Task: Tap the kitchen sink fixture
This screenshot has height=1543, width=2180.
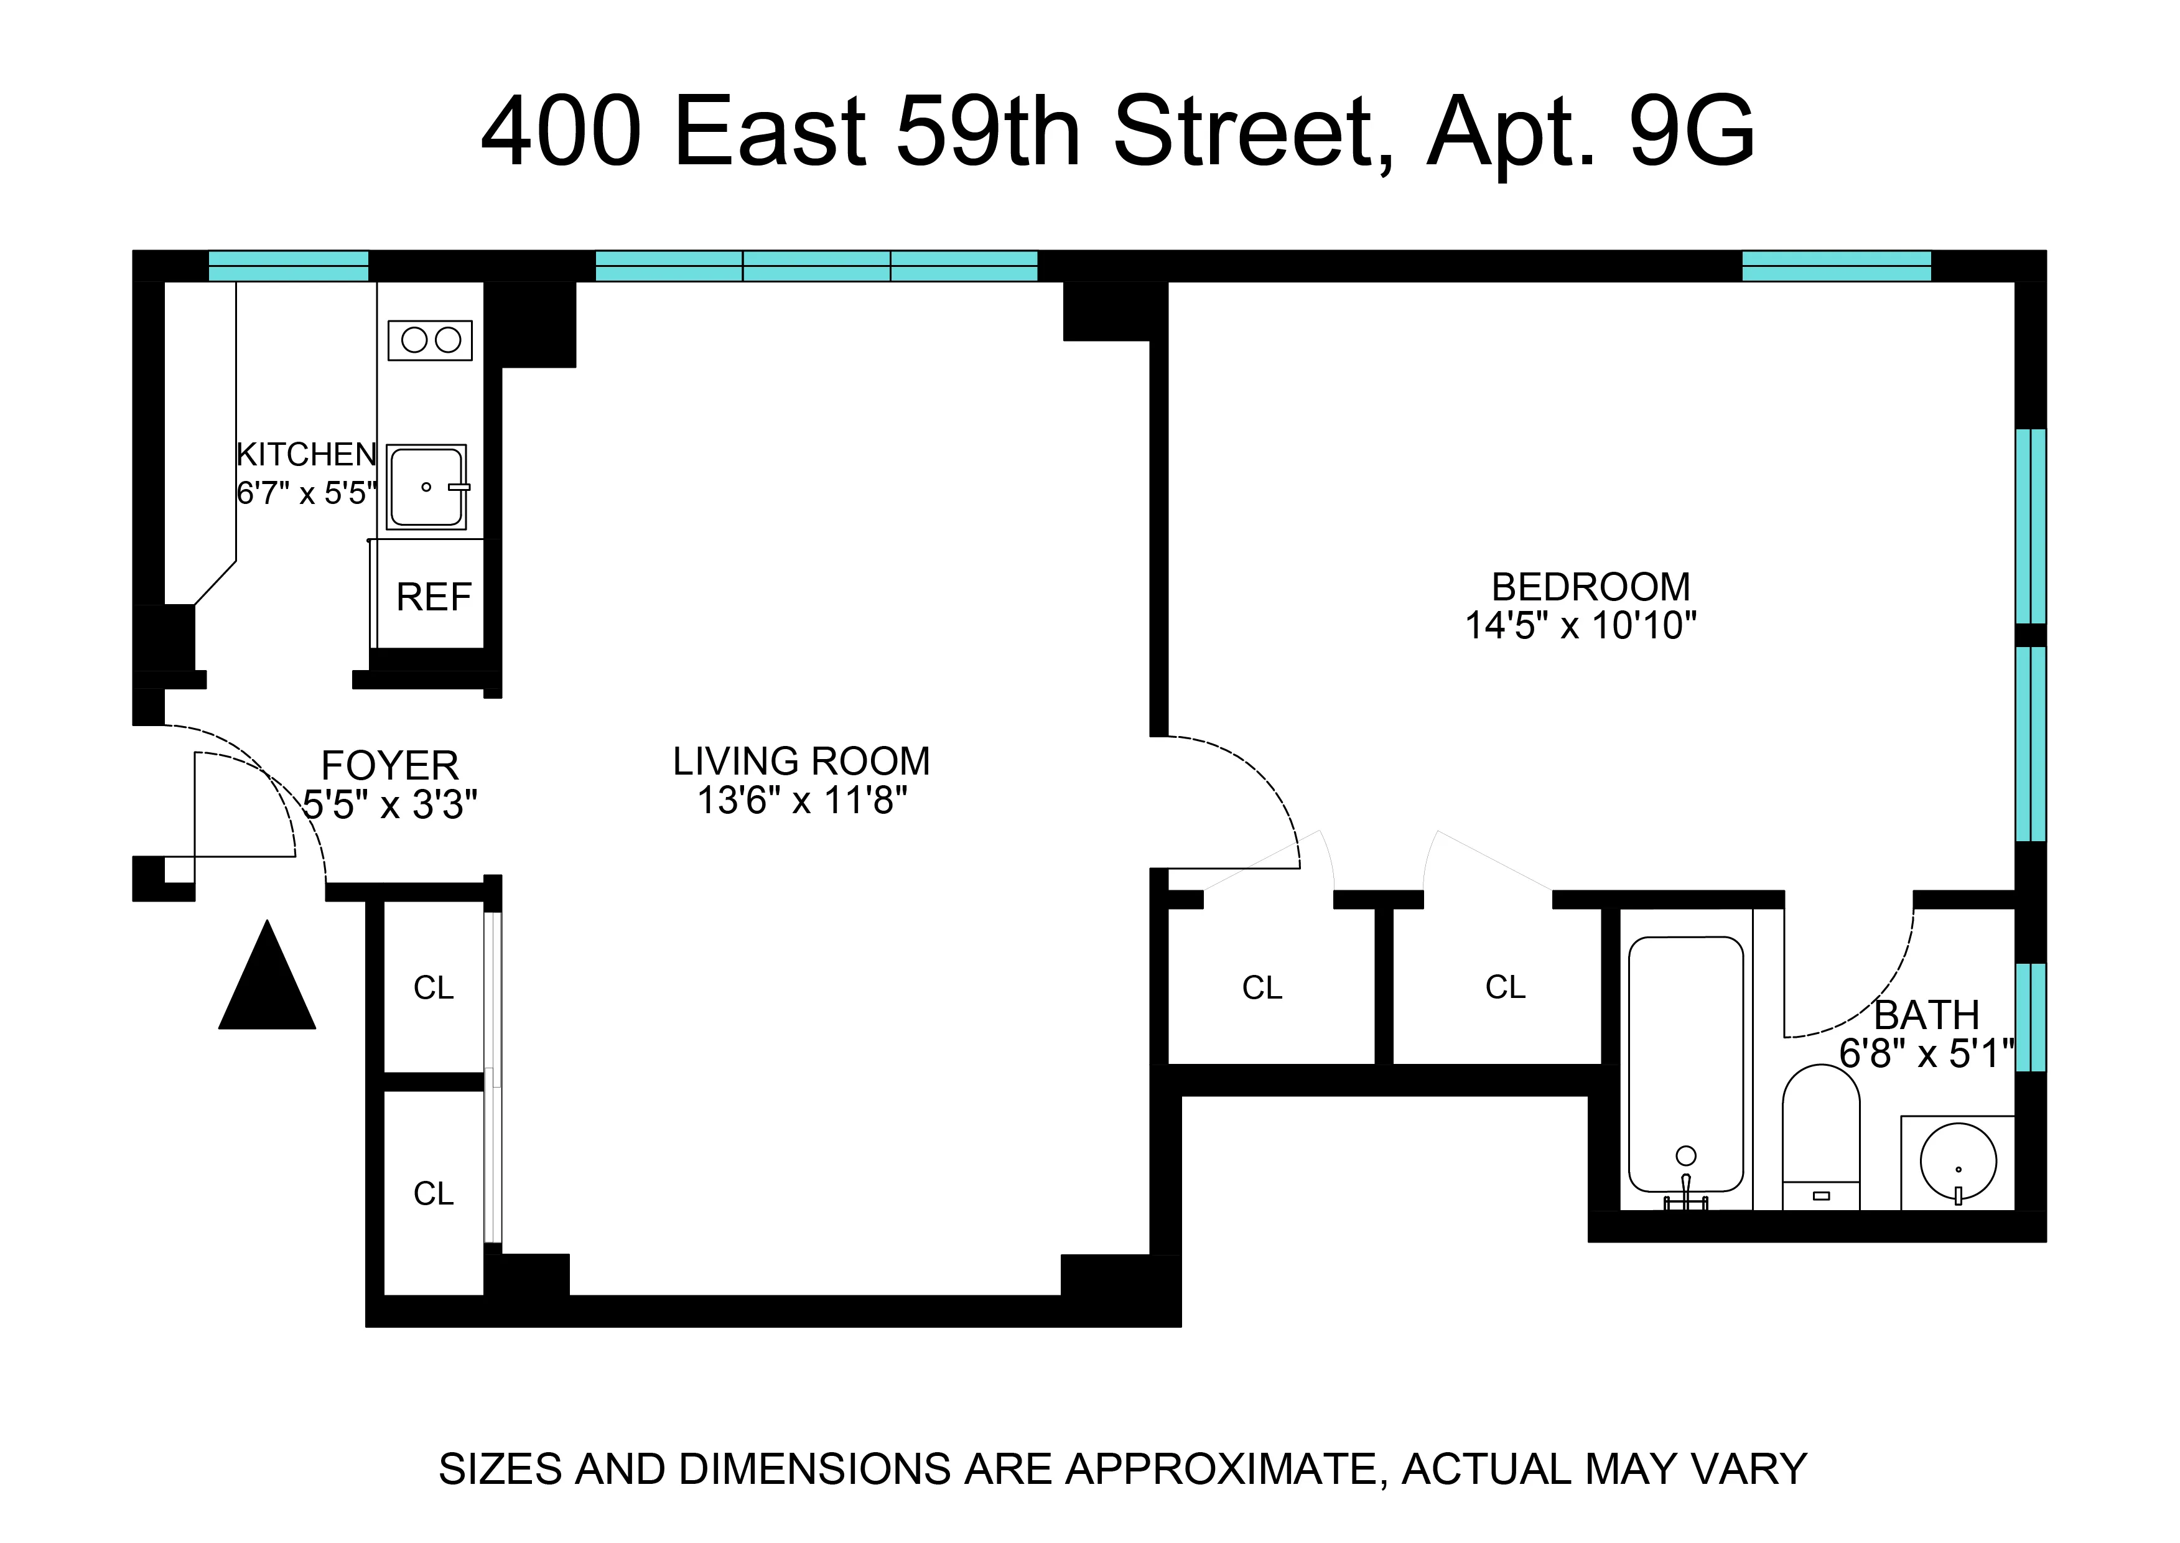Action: coord(427,487)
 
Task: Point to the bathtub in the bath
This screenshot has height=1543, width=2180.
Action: coord(1686,1063)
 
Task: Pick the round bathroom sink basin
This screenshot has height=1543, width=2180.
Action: coord(1958,1161)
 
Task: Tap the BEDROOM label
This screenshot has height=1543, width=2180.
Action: coord(1591,587)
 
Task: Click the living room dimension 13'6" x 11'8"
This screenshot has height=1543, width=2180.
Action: coord(802,801)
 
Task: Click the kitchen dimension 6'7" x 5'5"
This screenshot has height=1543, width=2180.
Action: coord(306,493)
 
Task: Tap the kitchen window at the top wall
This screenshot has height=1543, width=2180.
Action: coord(288,266)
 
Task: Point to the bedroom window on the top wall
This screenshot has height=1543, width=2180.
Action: coord(1836,266)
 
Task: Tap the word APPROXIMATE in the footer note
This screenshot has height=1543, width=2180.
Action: coord(1221,1469)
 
